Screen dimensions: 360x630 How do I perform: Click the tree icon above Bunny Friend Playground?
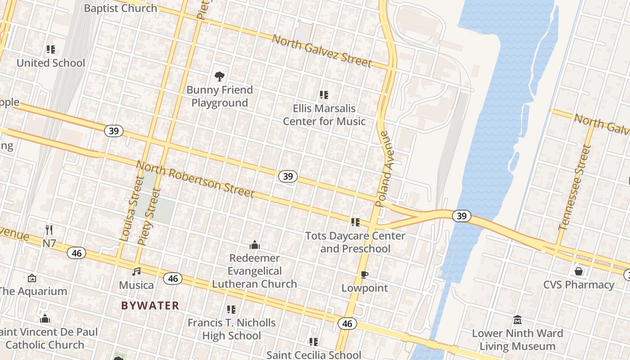click(220, 76)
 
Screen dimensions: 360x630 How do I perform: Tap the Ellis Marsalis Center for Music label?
click(324, 115)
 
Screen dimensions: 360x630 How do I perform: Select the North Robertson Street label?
click(195, 179)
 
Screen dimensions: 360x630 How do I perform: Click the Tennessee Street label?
click(575, 187)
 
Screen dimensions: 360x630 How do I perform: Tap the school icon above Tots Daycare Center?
click(355, 222)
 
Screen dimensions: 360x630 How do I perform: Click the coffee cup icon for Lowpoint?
click(364, 274)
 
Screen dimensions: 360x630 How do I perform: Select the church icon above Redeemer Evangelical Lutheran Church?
click(255, 245)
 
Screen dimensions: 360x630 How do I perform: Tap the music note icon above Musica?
click(136, 271)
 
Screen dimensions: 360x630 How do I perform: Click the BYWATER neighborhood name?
click(150, 306)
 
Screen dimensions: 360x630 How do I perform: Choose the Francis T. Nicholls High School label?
click(231, 329)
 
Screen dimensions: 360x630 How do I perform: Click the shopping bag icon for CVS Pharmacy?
click(579, 271)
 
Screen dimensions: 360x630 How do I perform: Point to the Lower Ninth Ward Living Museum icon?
click(517, 319)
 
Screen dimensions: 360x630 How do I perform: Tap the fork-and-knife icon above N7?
click(49, 230)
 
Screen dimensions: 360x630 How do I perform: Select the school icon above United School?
click(51, 49)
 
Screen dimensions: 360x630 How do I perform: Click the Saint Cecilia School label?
click(314, 355)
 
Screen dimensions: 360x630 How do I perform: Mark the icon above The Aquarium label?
click(32, 278)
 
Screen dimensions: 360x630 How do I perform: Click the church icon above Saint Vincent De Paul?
click(45, 319)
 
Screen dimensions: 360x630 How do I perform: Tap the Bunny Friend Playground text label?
click(220, 96)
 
